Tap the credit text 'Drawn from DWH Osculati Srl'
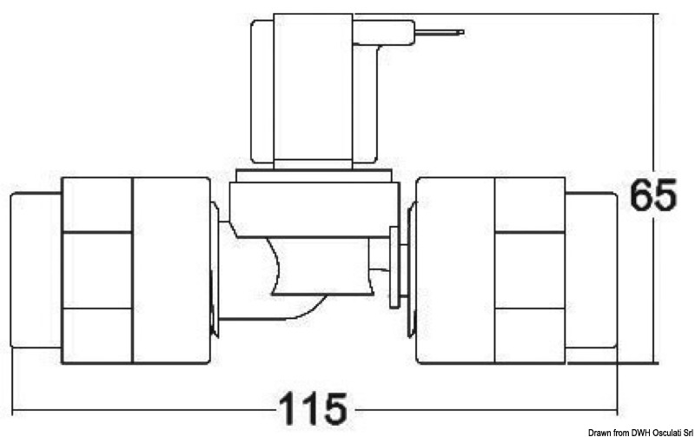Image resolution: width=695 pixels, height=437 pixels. [640, 431]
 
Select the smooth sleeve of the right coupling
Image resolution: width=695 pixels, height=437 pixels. [455, 270]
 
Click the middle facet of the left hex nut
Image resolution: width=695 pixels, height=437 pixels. [97, 270]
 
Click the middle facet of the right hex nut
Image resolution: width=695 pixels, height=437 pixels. [529, 270]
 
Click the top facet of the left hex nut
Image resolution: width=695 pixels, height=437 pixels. [97, 205]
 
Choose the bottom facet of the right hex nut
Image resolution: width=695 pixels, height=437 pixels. [529, 335]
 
